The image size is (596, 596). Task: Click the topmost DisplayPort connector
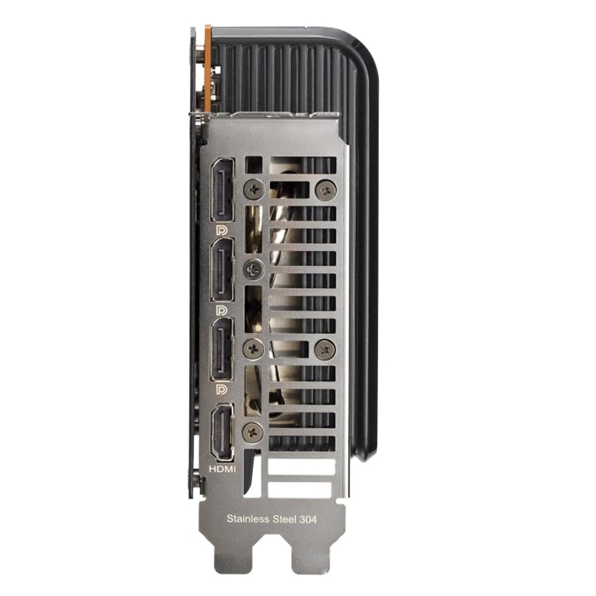[x=223, y=190]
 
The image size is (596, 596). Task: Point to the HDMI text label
[x=222, y=469]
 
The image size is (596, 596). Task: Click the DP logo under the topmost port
[x=221, y=230]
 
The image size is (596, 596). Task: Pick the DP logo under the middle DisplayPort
[x=221, y=310]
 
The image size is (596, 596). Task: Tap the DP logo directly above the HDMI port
[x=221, y=389]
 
